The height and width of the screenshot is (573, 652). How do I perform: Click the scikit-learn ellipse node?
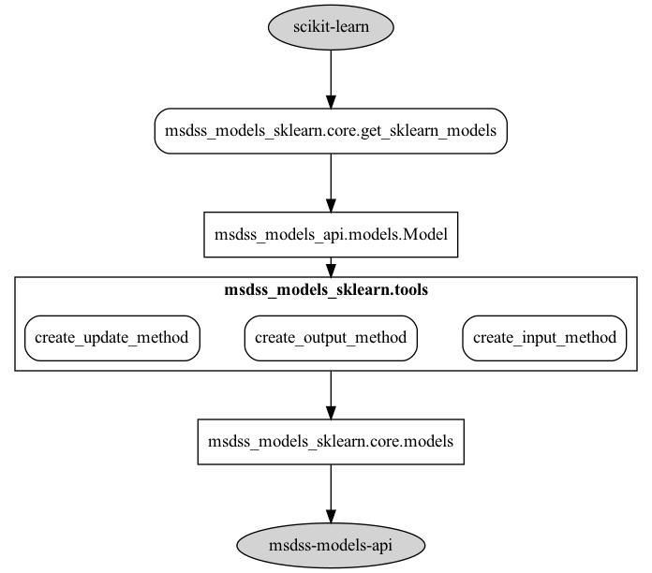[331, 26]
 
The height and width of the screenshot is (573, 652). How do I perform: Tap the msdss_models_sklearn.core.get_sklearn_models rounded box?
[331, 130]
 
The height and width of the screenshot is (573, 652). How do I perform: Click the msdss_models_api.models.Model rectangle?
[331, 235]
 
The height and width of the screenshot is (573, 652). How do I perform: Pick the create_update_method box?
[111, 338]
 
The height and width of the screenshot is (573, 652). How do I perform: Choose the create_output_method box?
[331, 338]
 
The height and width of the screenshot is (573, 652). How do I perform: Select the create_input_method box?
[544, 338]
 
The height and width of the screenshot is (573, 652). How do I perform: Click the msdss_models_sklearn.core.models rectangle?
[331, 441]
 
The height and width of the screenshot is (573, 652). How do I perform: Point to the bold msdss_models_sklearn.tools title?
[326, 290]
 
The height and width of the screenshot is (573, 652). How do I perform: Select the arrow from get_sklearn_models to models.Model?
[331, 178]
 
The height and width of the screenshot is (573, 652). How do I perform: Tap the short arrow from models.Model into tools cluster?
[331, 268]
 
